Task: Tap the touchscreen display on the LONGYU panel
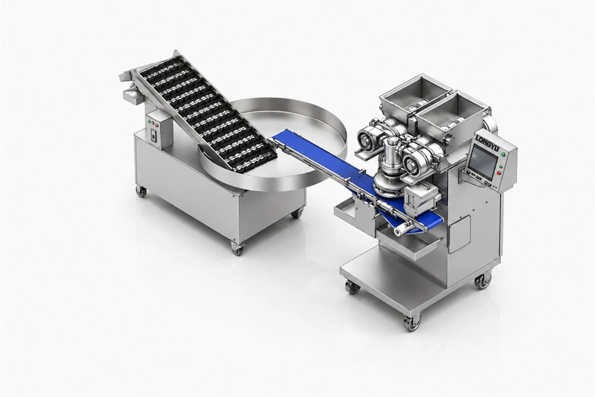tap(483, 161)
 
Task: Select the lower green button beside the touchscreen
tap(501, 166)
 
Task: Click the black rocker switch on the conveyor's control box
tap(154, 136)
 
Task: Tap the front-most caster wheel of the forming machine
tap(412, 323)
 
